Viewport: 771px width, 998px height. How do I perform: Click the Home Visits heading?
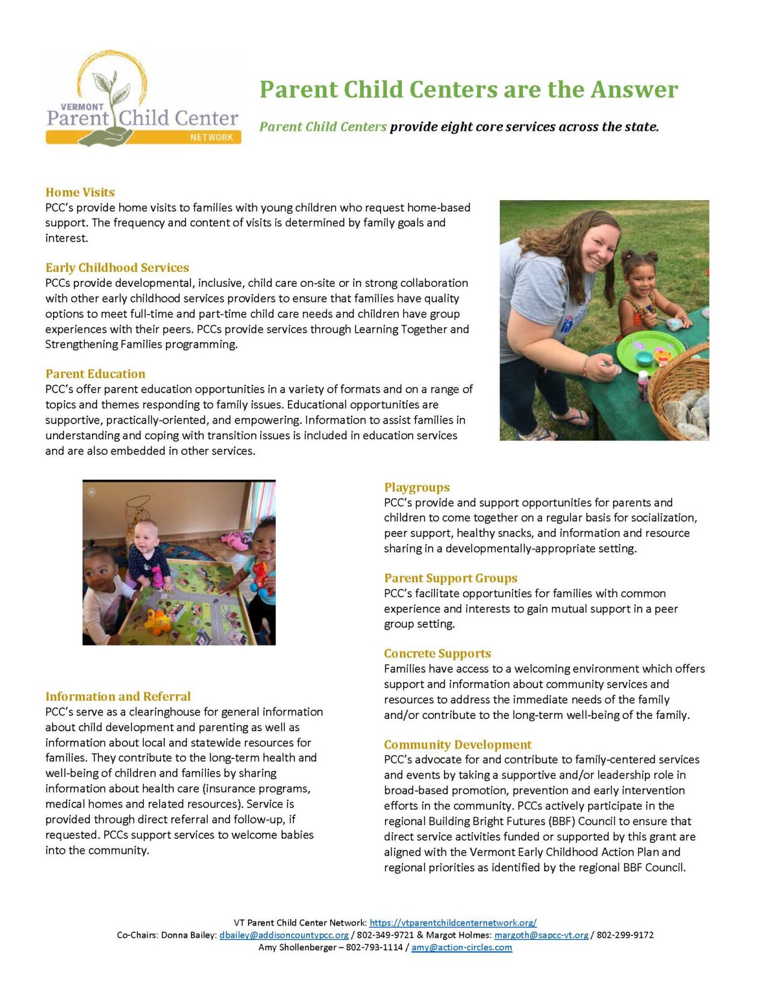[x=80, y=192]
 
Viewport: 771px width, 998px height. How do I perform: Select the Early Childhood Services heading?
[x=117, y=268]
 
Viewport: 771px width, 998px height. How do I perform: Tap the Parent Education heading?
[x=95, y=374]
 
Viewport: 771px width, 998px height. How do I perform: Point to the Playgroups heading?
[x=417, y=488]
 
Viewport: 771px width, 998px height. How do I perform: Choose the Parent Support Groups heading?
[x=451, y=578]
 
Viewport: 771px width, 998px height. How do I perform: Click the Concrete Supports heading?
[x=437, y=653]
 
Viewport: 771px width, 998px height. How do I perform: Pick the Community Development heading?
[x=458, y=744]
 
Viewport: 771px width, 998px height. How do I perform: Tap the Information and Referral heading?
[x=118, y=697]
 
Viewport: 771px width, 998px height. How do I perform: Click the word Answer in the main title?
[x=634, y=90]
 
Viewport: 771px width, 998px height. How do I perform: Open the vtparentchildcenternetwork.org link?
[x=453, y=923]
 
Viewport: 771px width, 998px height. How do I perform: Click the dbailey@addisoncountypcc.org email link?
[x=284, y=935]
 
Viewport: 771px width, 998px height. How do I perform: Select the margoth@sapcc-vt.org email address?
[x=541, y=935]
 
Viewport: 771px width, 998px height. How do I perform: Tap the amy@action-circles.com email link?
[x=461, y=947]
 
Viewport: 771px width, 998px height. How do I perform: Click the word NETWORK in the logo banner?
[x=211, y=137]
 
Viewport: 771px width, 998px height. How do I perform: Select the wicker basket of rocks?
[x=684, y=395]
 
